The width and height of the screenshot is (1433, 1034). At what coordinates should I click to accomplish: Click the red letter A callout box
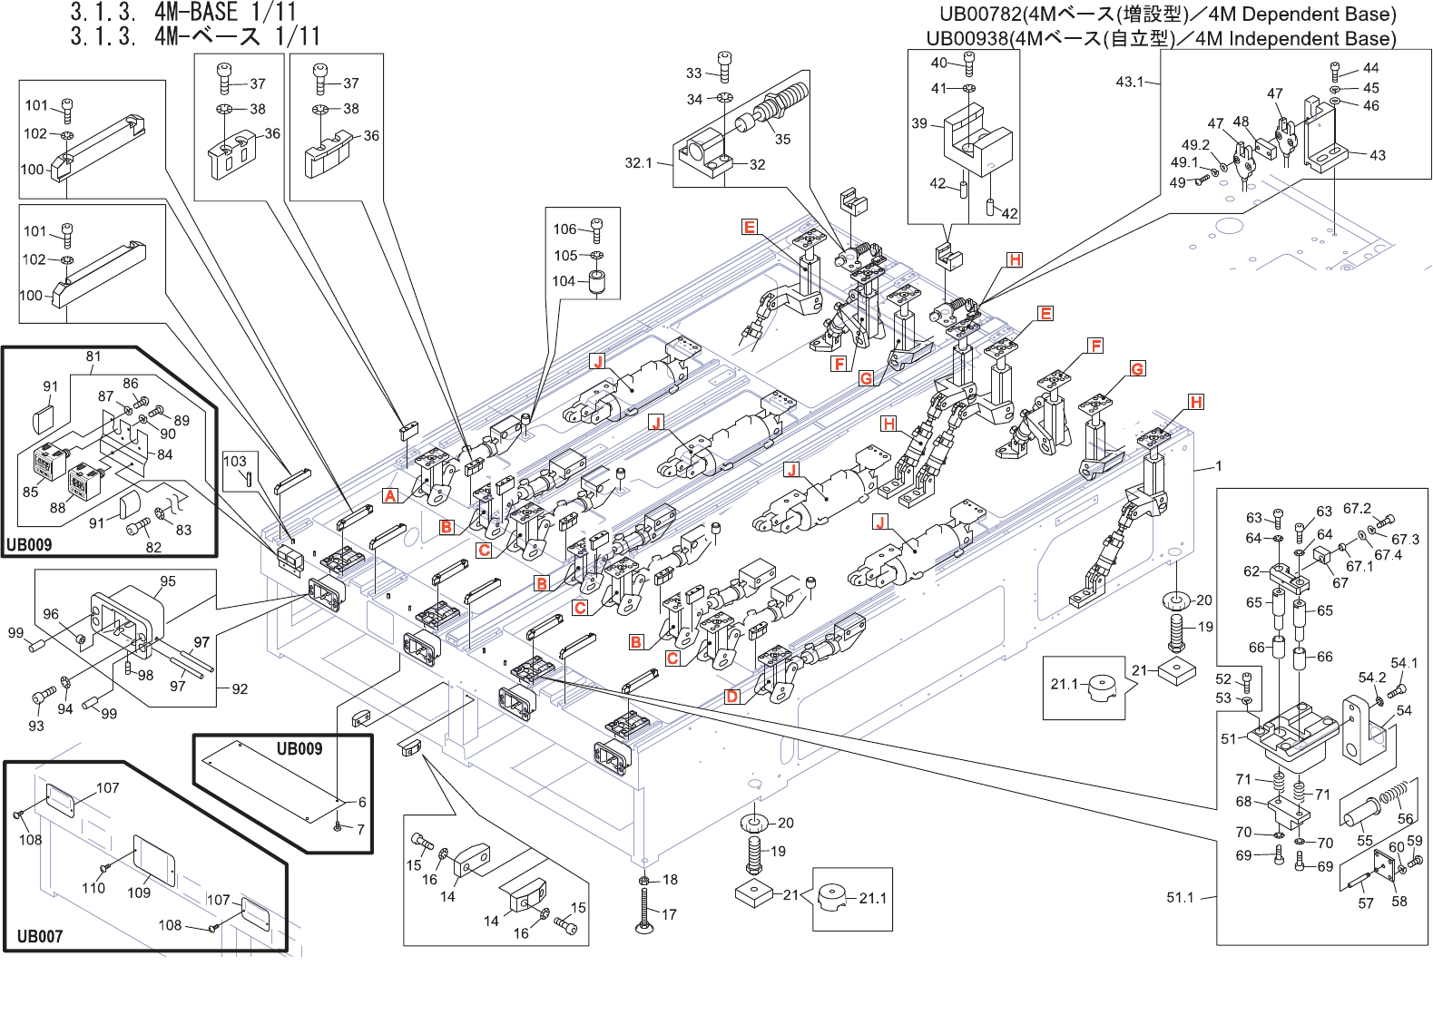coord(390,495)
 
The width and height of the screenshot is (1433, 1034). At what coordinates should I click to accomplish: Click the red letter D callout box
coord(732,697)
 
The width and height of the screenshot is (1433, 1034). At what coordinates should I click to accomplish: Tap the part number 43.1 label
coord(1130,82)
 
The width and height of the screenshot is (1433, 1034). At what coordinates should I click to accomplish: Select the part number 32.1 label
coord(638,163)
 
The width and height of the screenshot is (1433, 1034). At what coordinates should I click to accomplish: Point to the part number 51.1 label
coord(1180,898)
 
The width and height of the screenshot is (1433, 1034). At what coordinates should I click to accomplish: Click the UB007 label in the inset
coord(40,936)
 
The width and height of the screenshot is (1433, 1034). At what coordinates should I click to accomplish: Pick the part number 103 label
coord(235,461)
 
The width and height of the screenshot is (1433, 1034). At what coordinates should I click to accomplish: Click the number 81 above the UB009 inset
coord(93,356)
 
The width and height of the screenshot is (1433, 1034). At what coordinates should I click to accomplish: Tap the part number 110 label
coord(93,888)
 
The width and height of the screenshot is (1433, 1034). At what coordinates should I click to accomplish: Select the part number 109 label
coord(139,893)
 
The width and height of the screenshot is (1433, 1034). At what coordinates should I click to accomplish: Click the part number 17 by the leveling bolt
coord(669,914)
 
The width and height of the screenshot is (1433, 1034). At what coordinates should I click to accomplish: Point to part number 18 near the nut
coord(670,880)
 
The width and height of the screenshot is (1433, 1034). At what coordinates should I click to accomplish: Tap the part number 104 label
coord(564,281)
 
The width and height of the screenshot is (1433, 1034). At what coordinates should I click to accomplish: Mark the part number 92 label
coord(240,689)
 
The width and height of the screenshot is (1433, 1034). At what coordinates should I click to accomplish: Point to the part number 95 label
coord(168,581)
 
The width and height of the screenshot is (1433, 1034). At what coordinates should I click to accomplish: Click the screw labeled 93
coord(41,698)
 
